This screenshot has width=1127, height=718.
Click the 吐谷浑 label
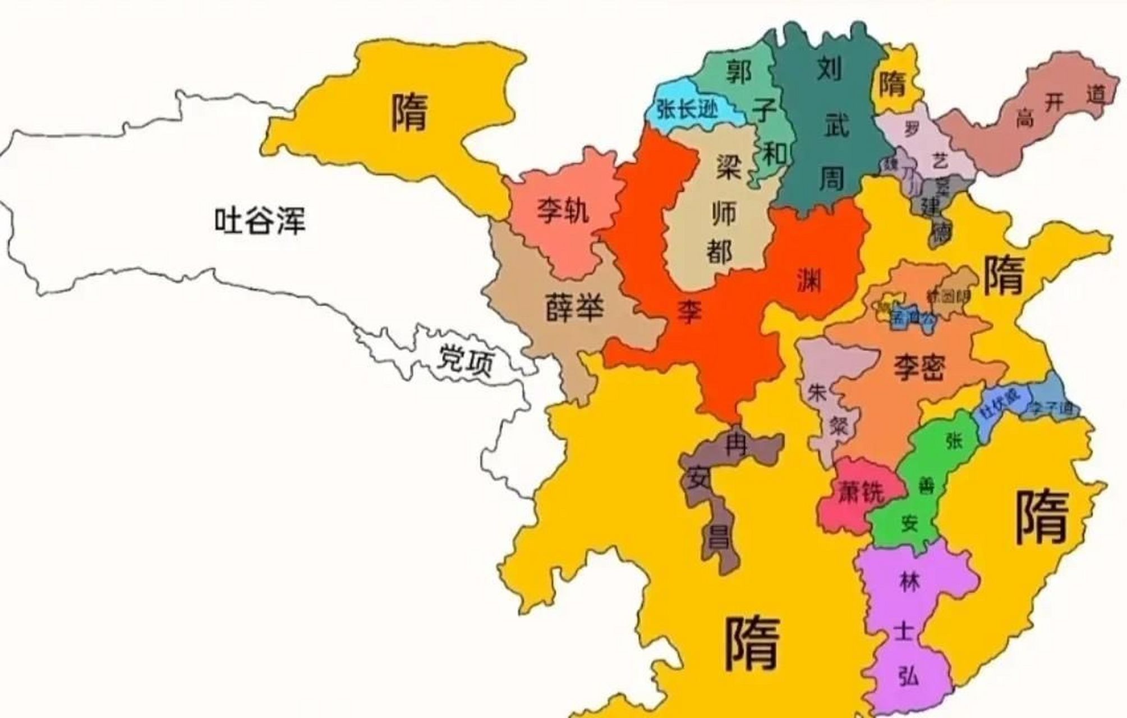click(260, 220)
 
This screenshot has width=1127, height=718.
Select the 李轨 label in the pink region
click(563, 211)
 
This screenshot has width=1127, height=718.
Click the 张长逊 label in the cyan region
click(688, 109)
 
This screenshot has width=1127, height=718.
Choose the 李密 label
click(919, 368)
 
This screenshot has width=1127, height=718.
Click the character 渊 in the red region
click(809, 279)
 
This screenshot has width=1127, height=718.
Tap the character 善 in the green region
click(926, 485)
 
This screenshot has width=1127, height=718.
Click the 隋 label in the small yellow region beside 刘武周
click(892, 85)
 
